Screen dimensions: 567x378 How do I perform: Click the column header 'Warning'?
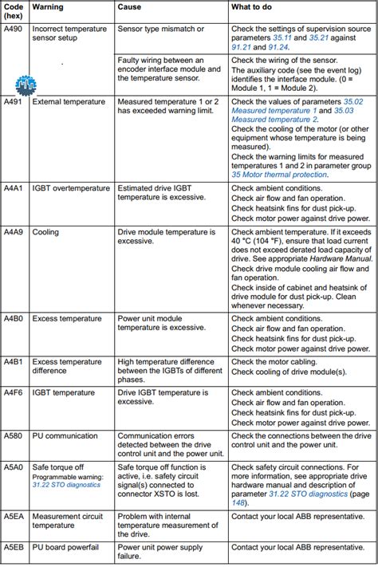pyautogui.click(x=48, y=6)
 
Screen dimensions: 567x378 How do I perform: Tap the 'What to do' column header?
pyautogui.click(x=253, y=6)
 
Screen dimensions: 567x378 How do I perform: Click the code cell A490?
pyautogui.click(x=14, y=28)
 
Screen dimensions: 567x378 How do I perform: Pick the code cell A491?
pyautogui.click(x=14, y=102)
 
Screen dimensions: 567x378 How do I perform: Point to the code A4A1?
pyautogui.click(x=14, y=188)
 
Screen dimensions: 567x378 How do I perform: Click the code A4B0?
pyautogui.click(x=14, y=317)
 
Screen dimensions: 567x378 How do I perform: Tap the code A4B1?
pyautogui.click(x=14, y=361)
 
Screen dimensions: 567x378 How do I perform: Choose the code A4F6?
pyautogui.click(x=14, y=393)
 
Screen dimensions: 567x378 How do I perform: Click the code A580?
pyautogui.click(x=14, y=436)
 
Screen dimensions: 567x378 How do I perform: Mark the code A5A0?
pyautogui.click(x=14, y=467)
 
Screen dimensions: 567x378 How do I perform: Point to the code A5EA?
pyautogui.click(x=14, y=517)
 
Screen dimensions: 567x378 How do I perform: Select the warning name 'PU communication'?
pyautogui.click(x=65, y=436)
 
